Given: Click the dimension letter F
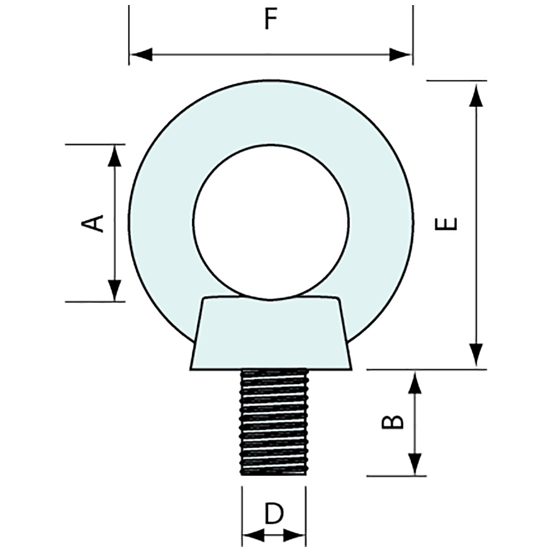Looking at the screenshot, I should (x=271, y=20).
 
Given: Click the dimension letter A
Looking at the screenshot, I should (x=92, y=223).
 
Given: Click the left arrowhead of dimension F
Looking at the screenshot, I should (x=141, y=54).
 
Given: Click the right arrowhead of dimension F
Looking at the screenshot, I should (x=401, y=54).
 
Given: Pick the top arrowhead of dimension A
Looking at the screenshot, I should (x=115, y=156).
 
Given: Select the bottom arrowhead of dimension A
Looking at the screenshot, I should (x=115, y=291).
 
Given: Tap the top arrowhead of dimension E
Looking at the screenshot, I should (x=476, y=95).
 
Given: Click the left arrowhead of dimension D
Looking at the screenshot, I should (x=253, y=535).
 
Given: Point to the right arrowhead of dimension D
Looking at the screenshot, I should (x=295, y=535).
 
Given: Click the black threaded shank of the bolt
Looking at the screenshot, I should (x=274, y=422).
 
